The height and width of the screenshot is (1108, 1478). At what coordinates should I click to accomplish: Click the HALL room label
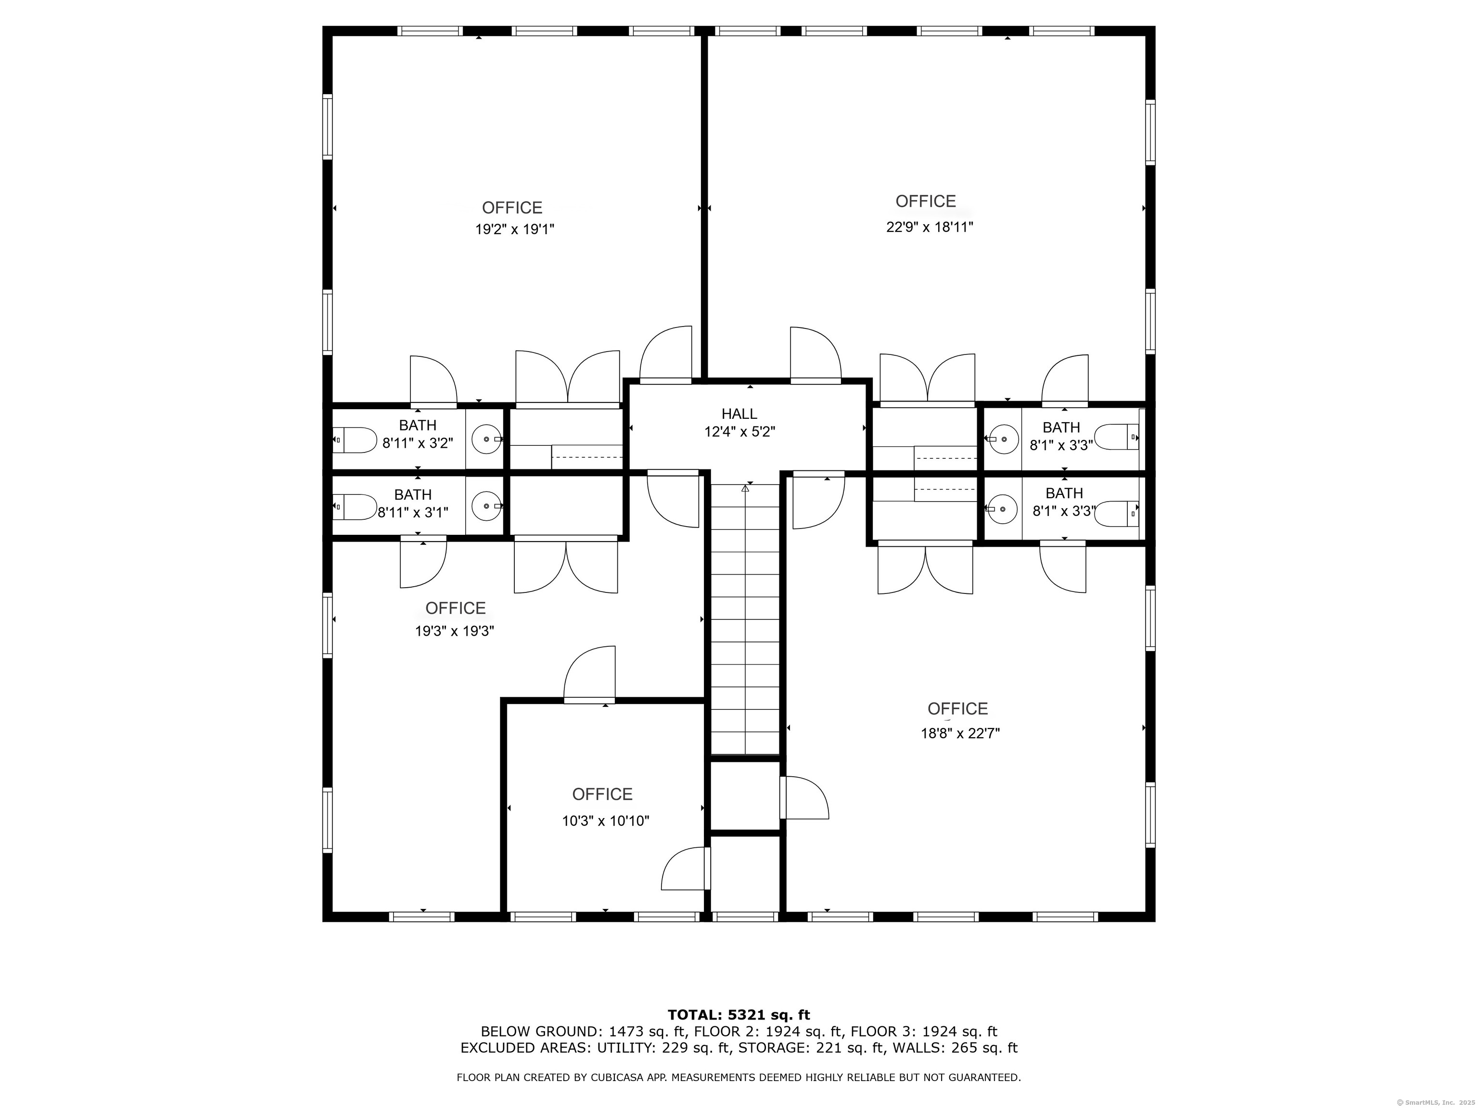click(x=739, y=414)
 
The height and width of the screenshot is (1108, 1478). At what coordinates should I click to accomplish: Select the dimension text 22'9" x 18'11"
click(x=930, y=227)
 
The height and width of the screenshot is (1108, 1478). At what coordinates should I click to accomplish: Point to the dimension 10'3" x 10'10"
click(x=605, y=821)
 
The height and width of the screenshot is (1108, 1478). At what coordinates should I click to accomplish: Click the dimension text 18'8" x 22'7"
click(x=960, y=733)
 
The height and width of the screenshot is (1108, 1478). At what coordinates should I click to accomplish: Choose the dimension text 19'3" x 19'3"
click(x=454, y=631)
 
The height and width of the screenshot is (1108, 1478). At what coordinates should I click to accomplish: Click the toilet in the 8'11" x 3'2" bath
click(x=356, y=440)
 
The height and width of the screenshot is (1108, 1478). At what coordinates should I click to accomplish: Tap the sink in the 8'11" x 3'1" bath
click(x=487, y=505)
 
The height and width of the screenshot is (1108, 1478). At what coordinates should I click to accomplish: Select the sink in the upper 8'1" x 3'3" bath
click(x=1004, y=439)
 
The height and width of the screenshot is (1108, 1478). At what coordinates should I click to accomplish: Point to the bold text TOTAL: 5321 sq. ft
click(x=739, y=1016)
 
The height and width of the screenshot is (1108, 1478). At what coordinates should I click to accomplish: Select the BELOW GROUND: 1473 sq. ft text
click(x=599, y=1032)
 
